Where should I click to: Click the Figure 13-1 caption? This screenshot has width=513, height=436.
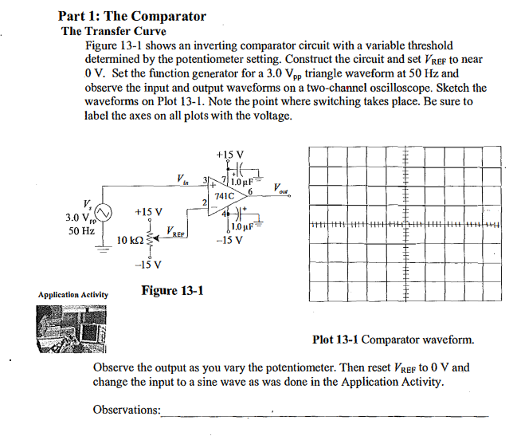171,290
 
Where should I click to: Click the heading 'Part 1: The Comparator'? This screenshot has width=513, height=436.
132,16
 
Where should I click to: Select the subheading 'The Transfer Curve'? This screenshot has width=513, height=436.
114,32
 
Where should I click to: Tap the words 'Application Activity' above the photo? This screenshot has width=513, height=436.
72,296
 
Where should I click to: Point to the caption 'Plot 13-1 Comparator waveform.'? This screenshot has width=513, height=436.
394,340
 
